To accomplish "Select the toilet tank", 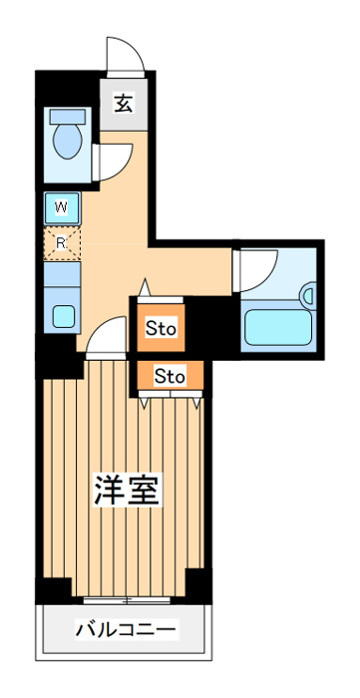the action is point(67,117).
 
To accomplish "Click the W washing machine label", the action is point(61,206).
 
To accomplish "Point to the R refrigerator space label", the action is point(61,243).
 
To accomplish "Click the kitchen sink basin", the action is point(62,316).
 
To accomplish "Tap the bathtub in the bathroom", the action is point(278,327).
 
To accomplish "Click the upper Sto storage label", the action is point(162,329).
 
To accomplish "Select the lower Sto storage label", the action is point(170,377).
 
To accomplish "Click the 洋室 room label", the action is point(127,490).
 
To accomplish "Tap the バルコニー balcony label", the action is point(126,629).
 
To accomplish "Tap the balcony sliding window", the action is point(127,600).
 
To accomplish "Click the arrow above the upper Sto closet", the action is point(145,287).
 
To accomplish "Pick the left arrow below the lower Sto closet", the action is point(144,402).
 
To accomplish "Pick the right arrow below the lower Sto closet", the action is point(196,402).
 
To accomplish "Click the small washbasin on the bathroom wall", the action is point(308,295).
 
